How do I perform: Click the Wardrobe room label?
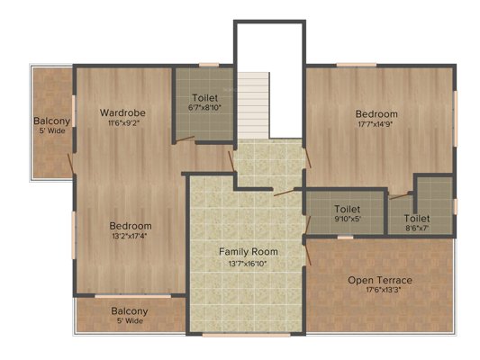(x=122, y=112)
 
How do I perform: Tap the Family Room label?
(x=249, y=252)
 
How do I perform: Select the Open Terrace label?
(x=380, y=280)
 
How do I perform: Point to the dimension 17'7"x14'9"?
(x=376, y=124)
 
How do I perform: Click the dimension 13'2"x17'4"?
(x=130, y=236)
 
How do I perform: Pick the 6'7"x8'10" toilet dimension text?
(x=204, y=108)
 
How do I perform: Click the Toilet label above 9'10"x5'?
(x=347, y=209)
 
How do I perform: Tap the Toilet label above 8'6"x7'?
(x=417, y=219)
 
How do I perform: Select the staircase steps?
(x=253, y=105)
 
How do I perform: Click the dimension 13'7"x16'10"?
(x=248, y=264)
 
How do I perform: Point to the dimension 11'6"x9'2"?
(x=122, y=123)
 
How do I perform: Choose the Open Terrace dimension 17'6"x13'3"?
(x=384, y=290)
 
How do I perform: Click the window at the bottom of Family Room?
(x=247, y=335)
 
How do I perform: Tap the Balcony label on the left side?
(x=51, y=121)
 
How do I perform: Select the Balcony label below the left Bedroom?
(x=130, y=311)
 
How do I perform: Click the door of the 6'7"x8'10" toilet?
(x=185, y=139)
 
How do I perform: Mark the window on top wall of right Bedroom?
(x=357, y=65)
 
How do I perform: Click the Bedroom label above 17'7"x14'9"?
(x=376, y=114)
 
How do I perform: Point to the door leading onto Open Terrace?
(x=309, y=252)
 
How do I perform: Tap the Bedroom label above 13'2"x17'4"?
(x=131, y=226)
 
